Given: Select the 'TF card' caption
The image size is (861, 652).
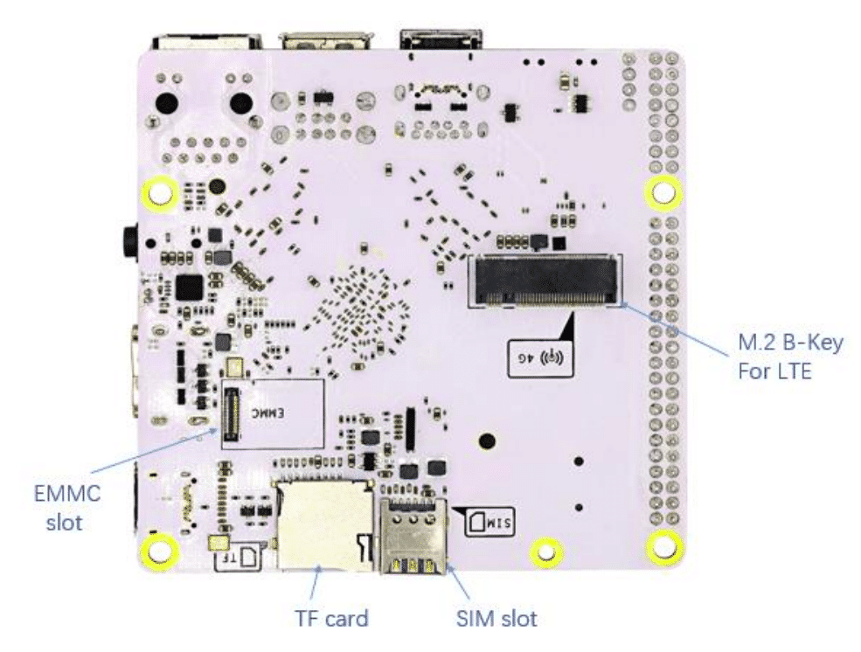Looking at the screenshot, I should point(330,619).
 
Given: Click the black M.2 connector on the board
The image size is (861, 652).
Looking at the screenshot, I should point(546,281).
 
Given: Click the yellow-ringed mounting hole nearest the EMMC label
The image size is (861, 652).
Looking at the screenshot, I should point(161,550).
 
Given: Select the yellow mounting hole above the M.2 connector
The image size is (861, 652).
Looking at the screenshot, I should point(662,192).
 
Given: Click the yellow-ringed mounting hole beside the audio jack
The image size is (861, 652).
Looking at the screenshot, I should point(159,194).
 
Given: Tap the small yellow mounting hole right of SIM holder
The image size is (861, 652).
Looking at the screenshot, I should point(545,551).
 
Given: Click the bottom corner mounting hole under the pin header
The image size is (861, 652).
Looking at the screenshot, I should point(663,546).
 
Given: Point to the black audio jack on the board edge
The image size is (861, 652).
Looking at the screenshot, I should point(130,236).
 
